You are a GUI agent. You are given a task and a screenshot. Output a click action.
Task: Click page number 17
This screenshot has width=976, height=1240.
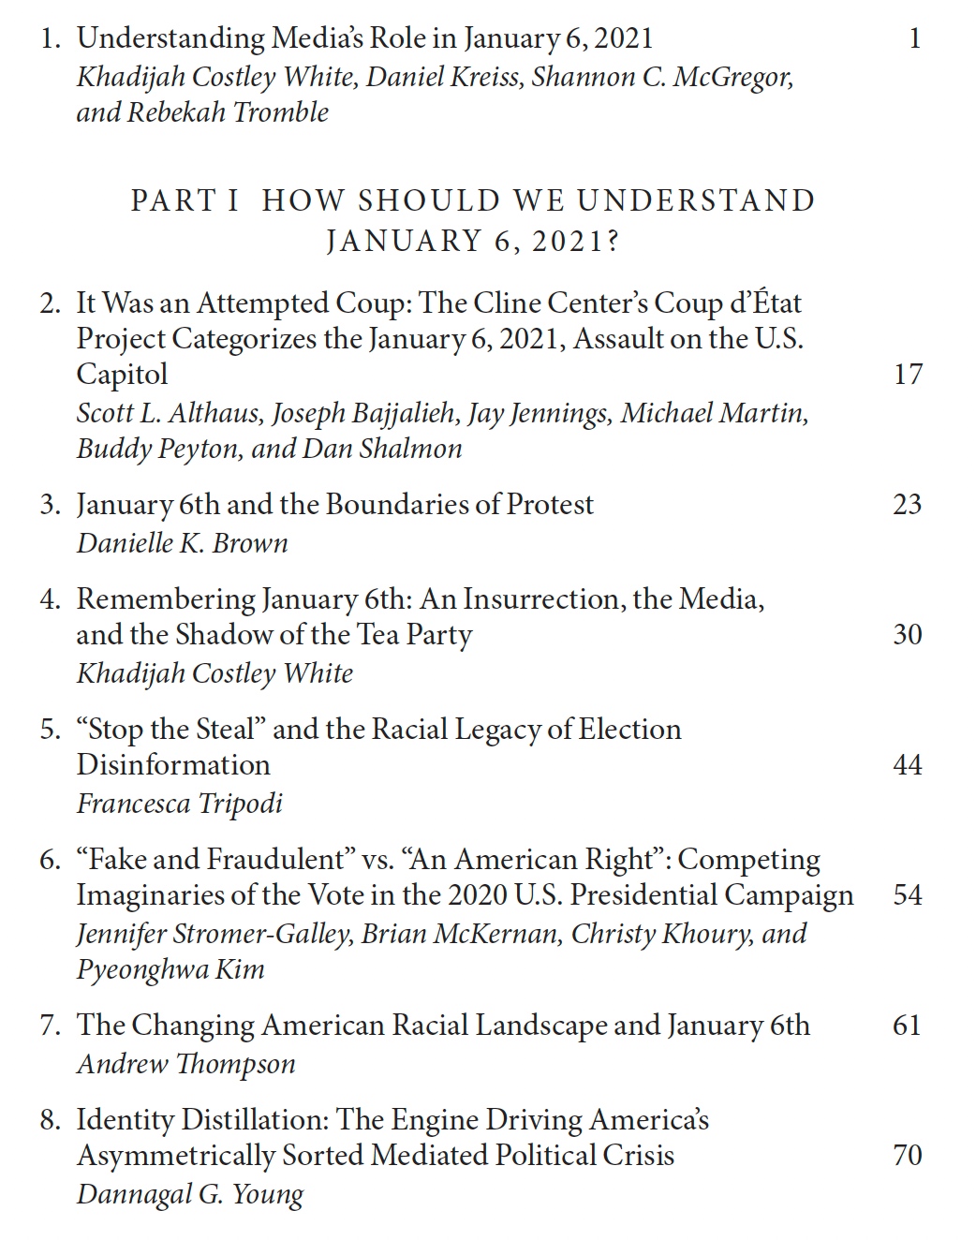(x=908, y=375)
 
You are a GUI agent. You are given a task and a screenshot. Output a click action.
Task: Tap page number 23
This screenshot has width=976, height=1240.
(x=908, y=505)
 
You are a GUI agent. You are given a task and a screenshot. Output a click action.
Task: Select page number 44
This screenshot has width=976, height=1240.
(x=908, y=765)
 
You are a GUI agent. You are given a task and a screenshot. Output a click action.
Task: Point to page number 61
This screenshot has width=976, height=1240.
(x=908, y=1026)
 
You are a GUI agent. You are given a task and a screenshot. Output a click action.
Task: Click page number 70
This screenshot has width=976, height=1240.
(x=908, y=1156)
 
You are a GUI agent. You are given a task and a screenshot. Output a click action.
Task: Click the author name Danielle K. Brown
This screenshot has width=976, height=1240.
(x=182, y=543)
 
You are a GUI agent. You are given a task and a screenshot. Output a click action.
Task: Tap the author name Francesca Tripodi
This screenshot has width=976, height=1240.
(x=179, y=804)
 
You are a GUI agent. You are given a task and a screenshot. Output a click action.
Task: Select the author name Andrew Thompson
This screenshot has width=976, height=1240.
(x=185, y=1064)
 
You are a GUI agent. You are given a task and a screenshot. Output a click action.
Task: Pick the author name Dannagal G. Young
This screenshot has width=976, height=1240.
(x=190, y=1194)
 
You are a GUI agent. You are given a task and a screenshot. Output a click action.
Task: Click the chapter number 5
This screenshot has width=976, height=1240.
(x=49, y=730)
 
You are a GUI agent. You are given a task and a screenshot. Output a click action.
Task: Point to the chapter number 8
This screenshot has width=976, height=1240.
(x=49, y=1120)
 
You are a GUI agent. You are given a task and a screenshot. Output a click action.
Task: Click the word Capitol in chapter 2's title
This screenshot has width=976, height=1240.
(x=122, y=375)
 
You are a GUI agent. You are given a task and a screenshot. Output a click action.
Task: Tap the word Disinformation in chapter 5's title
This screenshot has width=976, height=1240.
(x=172, y=765)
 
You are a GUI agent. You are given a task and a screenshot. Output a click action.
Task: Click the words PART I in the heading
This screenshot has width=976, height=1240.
(x=185, y=200)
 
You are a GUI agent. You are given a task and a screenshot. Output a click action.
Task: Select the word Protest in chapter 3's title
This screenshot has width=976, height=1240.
(x=550, y=505)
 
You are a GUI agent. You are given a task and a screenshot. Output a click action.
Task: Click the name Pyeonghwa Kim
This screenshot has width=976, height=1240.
(x=170, y=969)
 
